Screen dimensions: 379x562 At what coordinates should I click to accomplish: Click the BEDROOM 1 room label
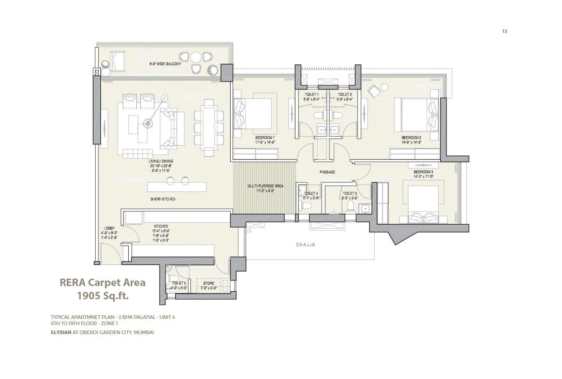pos(265,138)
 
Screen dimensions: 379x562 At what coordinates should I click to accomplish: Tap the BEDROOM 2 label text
pos(411,138)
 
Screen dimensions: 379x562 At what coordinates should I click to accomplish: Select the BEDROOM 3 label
pos(423,172)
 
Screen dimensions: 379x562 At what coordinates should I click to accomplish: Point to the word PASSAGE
pos(327,172)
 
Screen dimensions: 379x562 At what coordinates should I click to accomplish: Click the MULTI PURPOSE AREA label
pos(265,186)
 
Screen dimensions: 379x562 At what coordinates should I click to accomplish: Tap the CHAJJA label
pos(306,245)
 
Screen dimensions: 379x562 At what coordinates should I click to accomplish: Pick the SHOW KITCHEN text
pos(163,199)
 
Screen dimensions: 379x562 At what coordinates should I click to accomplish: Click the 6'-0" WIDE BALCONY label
pos(165,64)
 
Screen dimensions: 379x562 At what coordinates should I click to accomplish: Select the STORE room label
pos(208,283)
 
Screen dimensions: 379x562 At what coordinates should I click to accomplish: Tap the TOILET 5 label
pos(179,283)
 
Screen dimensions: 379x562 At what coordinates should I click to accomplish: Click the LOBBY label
pos(109,228)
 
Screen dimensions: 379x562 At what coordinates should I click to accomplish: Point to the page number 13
pos(504,31)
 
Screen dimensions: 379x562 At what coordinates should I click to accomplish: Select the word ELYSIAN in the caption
pos(61,332)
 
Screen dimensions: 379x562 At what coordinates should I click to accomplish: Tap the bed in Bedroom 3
pos(423,203)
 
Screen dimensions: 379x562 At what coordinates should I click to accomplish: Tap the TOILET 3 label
pos(350,193)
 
